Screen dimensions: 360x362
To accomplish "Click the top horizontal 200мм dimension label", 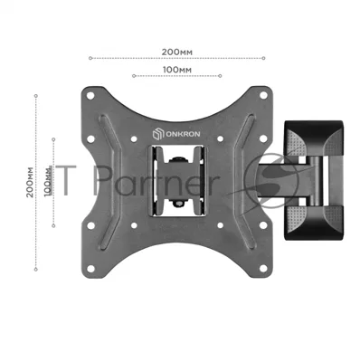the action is pos(176,52).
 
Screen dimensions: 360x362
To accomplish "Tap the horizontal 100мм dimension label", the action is pos(177,70).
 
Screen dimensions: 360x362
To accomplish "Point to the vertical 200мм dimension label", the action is pos(30,182).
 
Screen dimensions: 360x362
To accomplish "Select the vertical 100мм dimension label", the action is pos(48,181).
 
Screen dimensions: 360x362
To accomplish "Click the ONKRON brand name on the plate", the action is pos(183,134).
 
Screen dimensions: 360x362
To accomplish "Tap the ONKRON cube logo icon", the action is pos(158,134).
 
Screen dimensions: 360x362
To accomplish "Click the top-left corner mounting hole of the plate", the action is pos(90,96).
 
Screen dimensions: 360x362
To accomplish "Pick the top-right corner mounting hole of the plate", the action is pos(263,95).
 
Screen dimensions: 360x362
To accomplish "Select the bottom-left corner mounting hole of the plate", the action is pos(90,269).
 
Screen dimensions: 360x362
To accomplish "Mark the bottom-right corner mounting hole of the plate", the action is pos(263,268).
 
